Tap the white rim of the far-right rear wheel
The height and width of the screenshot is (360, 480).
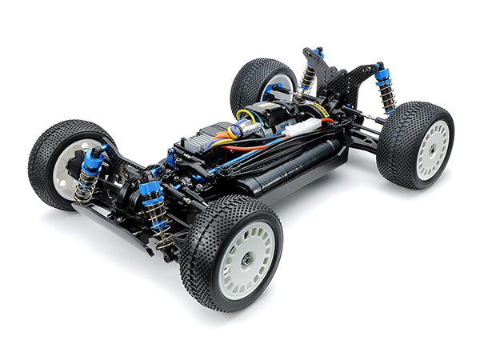432,149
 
